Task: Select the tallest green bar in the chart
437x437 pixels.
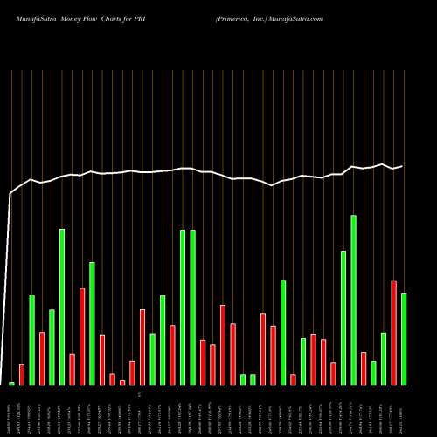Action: [x=353, y=300]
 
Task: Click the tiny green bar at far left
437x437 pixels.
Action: [x=12, y=383]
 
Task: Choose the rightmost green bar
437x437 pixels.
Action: [x=404, y=339]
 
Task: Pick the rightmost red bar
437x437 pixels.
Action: [x=393, y=333]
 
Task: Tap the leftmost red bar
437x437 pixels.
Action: [x=22, y=375]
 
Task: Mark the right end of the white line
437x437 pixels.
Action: [x=402, y=166]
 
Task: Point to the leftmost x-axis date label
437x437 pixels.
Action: [x=12, y=411]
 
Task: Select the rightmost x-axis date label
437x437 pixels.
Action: [x=404, y=411]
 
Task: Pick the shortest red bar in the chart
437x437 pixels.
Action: [x=122, y=382]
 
